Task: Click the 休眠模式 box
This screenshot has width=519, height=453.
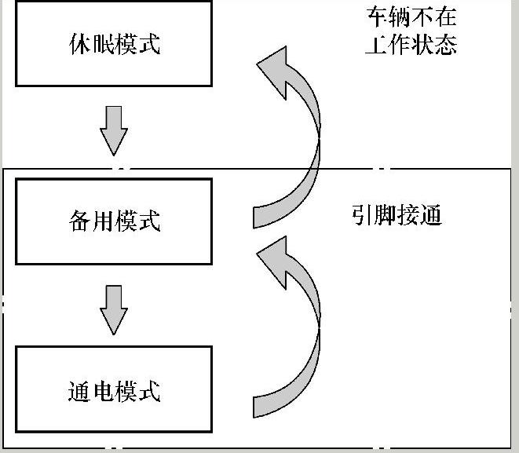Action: tap(114, 43)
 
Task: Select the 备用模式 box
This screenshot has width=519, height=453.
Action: tap(114, 221)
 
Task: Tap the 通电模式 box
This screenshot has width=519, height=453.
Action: tap(114, 390)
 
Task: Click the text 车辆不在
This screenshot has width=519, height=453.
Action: tap(411, 17)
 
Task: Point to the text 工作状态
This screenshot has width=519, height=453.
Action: tap(411, 43)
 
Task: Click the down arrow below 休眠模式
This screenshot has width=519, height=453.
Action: tap(114, 130)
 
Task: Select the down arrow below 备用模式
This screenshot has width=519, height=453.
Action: tap(114, 309)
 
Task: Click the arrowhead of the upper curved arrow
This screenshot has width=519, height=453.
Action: tap(276, 68)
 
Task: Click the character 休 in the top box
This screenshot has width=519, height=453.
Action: tap(79, 43)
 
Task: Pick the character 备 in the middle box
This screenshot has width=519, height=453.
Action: tap(79, 221)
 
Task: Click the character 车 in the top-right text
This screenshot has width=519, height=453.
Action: tap(376, 17)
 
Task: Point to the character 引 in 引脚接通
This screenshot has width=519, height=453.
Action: tap(363, 215)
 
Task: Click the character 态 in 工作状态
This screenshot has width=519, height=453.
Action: tap(445, 43)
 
